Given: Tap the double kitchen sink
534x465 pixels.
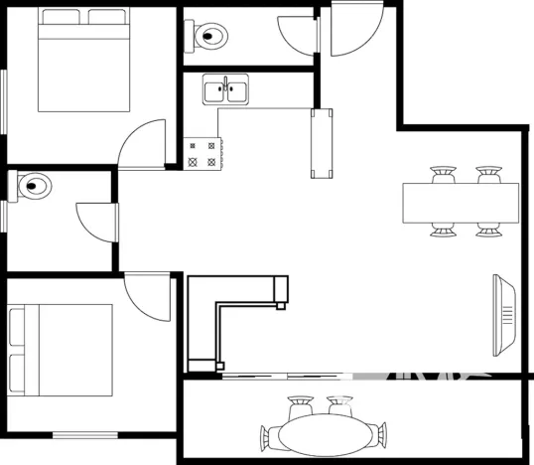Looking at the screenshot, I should (225, 92).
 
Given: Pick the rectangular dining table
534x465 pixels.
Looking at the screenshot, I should (461, 203).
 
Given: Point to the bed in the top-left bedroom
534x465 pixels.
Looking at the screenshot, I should (85, 61).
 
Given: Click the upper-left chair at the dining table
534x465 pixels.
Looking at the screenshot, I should (443, 176).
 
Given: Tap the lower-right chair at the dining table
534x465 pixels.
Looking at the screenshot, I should (486, 230).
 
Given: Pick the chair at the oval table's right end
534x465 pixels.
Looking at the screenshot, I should (379, 434).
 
